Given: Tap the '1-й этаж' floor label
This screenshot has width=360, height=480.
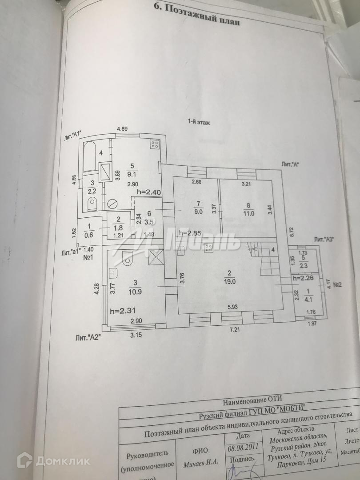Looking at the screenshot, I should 198,121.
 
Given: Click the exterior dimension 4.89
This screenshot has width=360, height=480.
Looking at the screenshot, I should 122,129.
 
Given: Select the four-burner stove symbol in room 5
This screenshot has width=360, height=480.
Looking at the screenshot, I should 155,144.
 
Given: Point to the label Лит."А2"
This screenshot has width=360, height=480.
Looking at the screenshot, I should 88,338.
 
